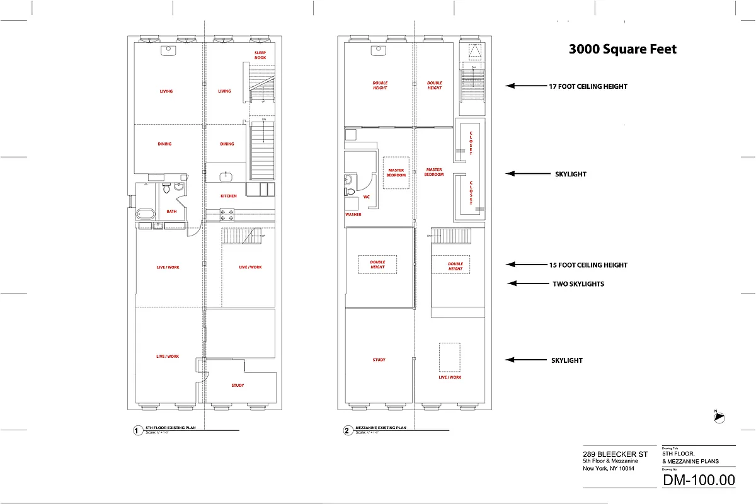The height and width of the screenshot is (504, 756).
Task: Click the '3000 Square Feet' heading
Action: tap(622, 49)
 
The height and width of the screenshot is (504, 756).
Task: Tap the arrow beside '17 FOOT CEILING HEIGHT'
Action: tap(520, 86)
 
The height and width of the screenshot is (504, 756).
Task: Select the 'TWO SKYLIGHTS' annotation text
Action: tap(578, 284)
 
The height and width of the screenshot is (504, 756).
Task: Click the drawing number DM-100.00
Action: tap(699, 479)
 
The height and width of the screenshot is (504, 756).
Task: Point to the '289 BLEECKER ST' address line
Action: tap(615, 454)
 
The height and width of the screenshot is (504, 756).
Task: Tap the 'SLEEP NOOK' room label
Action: tap(260, 55)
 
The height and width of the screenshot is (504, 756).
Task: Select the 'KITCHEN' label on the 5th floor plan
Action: tap(229, 196)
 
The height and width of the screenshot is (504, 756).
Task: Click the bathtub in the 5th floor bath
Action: tap(145, 214)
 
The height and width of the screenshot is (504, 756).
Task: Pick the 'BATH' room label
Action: tap(171, 212)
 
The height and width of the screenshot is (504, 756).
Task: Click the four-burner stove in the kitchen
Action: tap(227, 215)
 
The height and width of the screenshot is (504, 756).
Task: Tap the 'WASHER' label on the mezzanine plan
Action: tap(353, 214)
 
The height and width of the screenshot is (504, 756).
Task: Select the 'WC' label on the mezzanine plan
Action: tap(367, 197)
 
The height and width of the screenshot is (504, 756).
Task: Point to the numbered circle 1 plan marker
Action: tap(136, 432)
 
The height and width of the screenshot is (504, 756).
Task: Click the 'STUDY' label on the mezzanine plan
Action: tap(379, 360)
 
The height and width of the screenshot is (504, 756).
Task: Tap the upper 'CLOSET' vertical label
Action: tap(471, 143)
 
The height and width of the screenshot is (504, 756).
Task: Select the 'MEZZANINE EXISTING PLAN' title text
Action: tap(381, 428)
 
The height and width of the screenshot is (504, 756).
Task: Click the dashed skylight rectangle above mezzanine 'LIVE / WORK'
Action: tap(449, 357)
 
